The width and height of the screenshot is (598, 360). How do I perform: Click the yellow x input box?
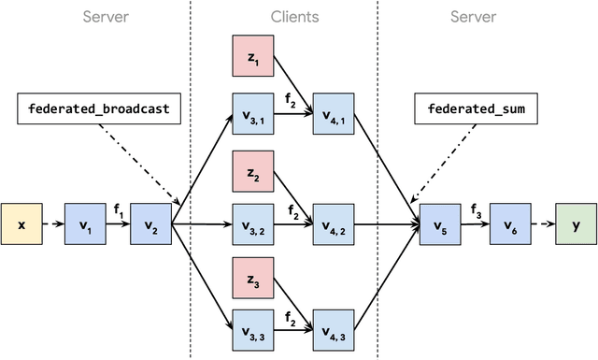(x=21, y=225)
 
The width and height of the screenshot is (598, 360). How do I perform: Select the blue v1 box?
(x=86, y=225)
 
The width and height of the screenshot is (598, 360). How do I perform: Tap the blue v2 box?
(x=151, y=225)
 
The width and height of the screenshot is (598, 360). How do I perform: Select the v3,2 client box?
(x=252, y=225)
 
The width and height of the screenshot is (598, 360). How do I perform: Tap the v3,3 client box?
(x=252, y=331)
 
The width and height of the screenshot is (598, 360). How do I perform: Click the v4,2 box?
(x=334, y=225)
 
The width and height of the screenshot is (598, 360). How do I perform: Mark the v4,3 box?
(x=334, y=331)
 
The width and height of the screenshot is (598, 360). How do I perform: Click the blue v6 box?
(x=509, y=225)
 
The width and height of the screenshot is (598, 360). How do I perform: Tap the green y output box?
(x=575, y=225)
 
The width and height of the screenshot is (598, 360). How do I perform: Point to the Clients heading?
(x=294, y=17)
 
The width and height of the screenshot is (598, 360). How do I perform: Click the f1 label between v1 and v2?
(x=119, y=211)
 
